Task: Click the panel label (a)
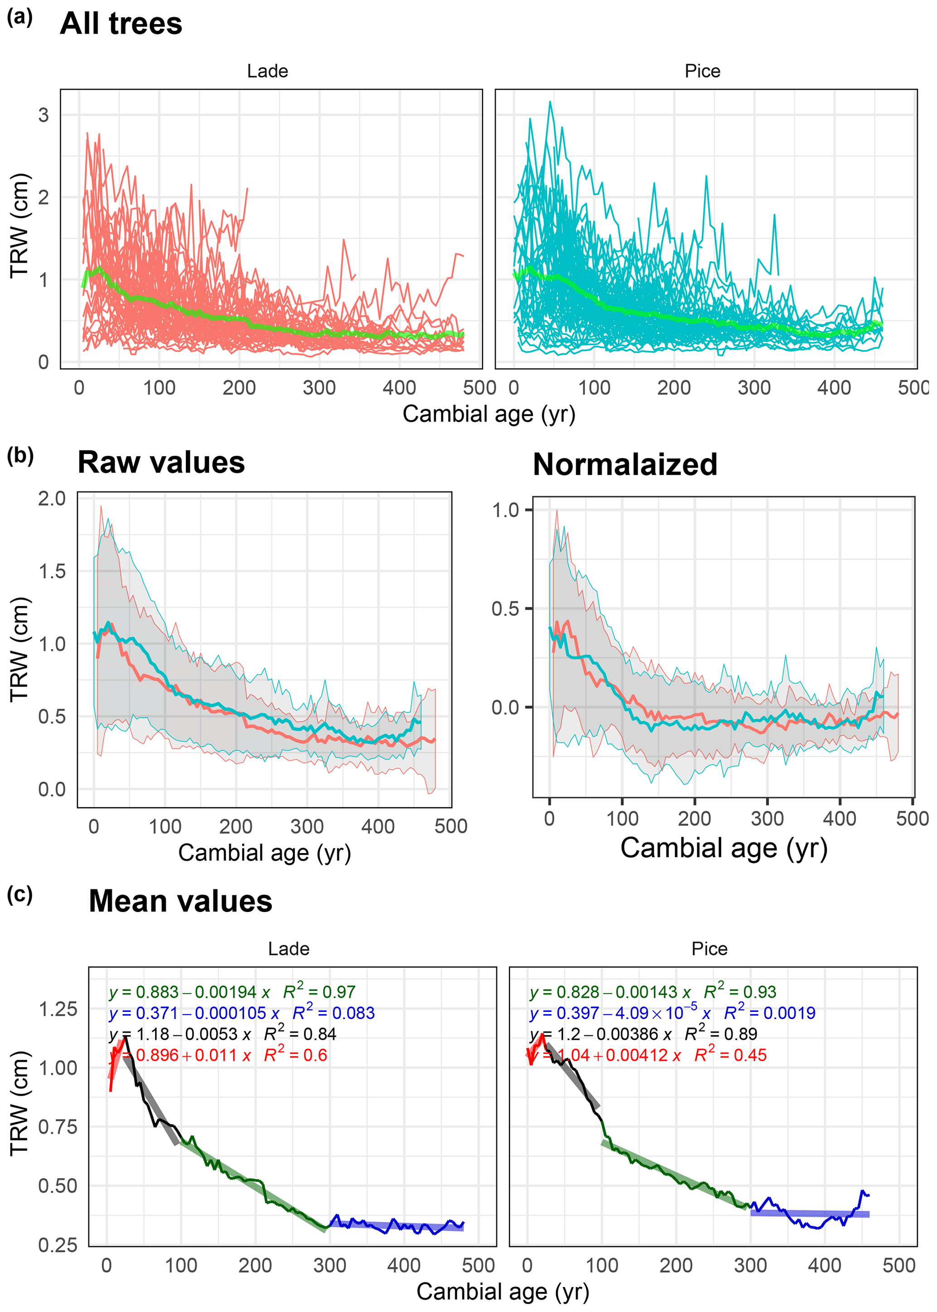19,17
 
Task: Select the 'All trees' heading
121,24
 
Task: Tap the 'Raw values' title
161,463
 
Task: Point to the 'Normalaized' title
625,465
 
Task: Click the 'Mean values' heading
180,902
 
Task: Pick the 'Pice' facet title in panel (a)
702,72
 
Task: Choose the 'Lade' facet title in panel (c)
288,949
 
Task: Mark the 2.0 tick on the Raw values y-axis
52,499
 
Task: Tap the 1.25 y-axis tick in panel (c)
58,1010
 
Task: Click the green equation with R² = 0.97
232,992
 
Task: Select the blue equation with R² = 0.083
242,1013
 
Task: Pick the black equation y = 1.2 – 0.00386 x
643,1034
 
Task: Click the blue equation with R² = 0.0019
672,1013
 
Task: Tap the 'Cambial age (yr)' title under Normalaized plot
723,849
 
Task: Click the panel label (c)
19,895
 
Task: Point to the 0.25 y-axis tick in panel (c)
58,1245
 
